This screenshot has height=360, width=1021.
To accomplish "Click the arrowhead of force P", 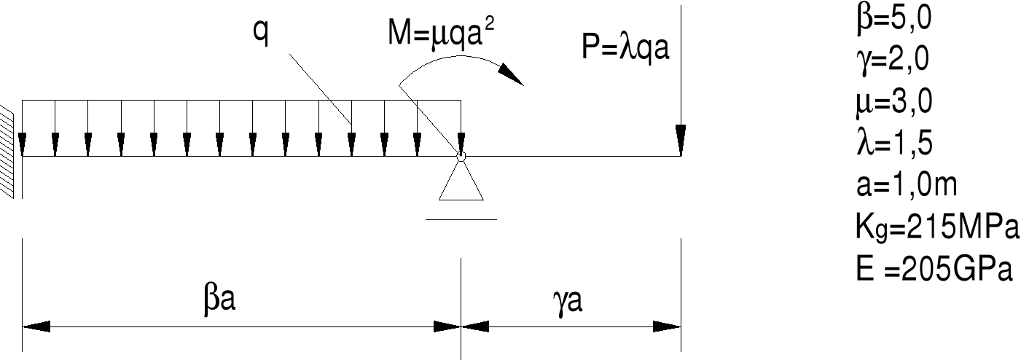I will pyautogui.click(x=680, y=142).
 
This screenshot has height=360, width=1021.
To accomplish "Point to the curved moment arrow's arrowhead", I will pyautogui.click(x=513, y=74).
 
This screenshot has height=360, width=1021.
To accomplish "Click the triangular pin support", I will pyautogui.click(x=461, y=182).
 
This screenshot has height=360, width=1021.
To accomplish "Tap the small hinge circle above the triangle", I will pyautogui.click(x=461, y=155).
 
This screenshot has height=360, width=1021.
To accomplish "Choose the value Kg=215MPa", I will pyautogui.click(x=935, y=227).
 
